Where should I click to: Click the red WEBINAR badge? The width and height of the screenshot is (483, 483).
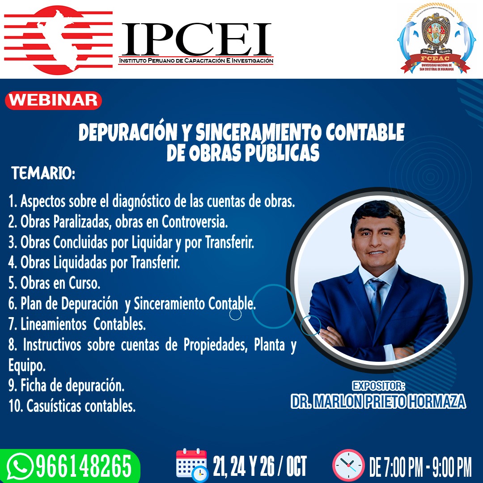[x=53, y=100]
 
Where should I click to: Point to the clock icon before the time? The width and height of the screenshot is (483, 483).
[x=348, y=466]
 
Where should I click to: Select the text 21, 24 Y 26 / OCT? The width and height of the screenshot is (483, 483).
[x=260, y=466]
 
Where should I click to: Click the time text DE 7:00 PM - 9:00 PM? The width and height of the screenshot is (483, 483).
[x=420, y=466]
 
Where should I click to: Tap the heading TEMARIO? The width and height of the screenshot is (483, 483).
[x=43, y=174]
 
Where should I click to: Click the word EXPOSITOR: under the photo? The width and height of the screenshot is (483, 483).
[x=378, y=386]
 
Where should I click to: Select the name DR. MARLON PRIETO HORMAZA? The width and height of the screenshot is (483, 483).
[x=378, y=401]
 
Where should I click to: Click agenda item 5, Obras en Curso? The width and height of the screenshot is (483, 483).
[x=54, y=283]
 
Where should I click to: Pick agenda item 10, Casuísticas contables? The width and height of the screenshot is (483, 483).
[x=72, y=406]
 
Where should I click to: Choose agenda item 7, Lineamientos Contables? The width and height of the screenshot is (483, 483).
[x=77, y=324]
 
